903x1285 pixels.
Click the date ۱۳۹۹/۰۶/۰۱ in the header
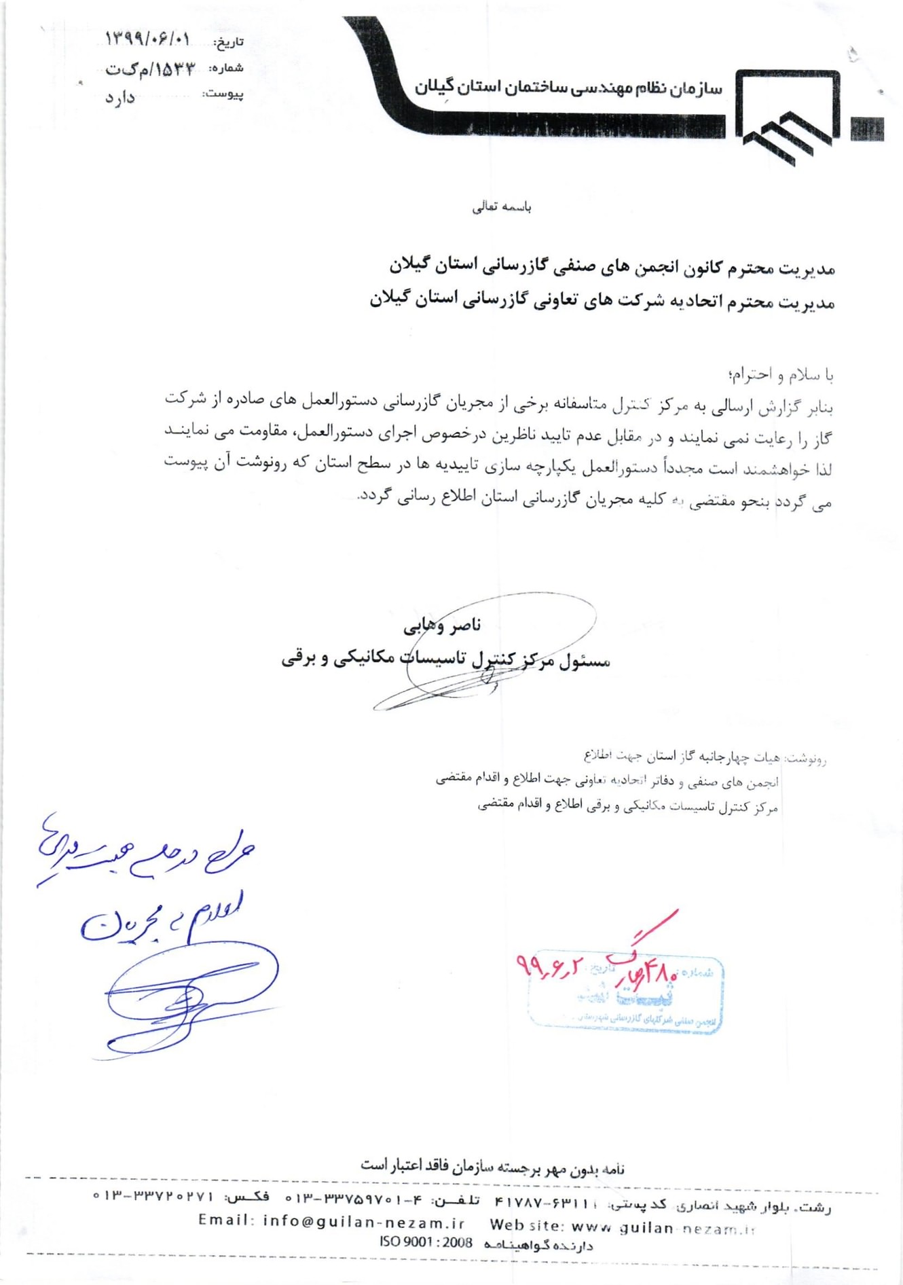pyautogui.click(x=147, y=39)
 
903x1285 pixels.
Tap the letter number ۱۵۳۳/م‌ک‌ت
pyautogui.click(x=149, y=69)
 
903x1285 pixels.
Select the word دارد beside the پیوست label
pyautogui.click(x=120, y=98)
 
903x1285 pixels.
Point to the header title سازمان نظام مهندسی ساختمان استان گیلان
pyautogui.click(x=568, y=88)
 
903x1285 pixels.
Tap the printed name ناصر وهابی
pyautogui.click(x=442, y=626)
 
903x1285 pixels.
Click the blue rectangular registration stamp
pyautogui.click(x=625, y=995)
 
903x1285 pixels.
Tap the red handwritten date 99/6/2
pyautogui.click(x=549, y=964)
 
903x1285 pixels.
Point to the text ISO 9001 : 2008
pyautogui.click(x=426, y=1242)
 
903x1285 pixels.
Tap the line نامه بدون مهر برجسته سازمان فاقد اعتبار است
pyautogui.click(x=492, y=1166)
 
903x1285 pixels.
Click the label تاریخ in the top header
pyautogui.click(x=229, y=43)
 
